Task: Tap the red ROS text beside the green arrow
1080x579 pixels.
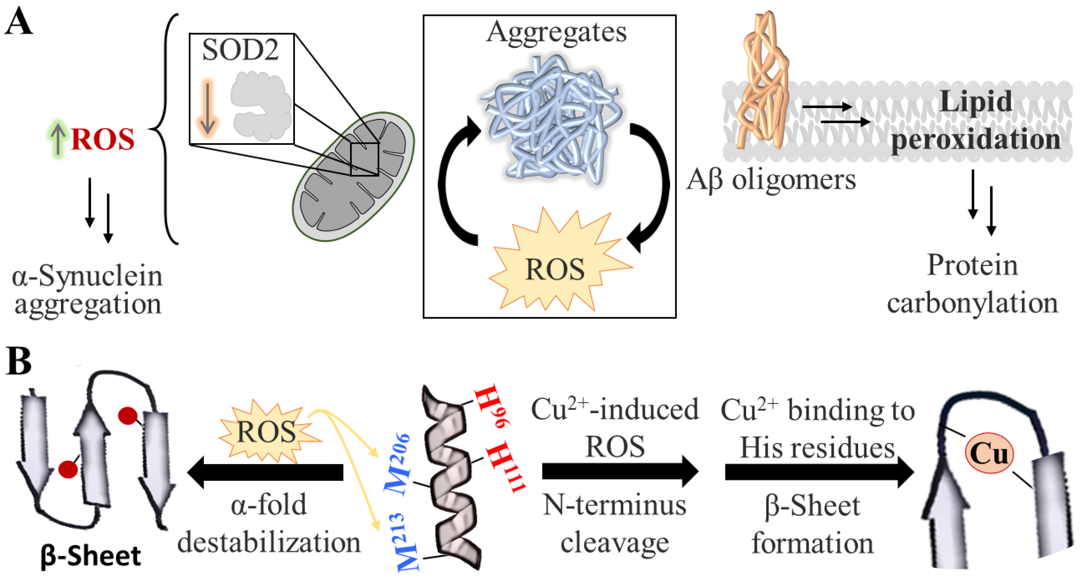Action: (103, 139)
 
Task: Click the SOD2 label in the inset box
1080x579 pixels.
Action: (240, 50)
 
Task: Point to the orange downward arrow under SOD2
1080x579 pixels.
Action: (207, 108)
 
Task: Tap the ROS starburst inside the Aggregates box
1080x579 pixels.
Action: (555, 268)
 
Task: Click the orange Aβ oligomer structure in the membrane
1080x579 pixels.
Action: (763, 84)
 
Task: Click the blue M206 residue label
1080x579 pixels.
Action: (397, 464)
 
